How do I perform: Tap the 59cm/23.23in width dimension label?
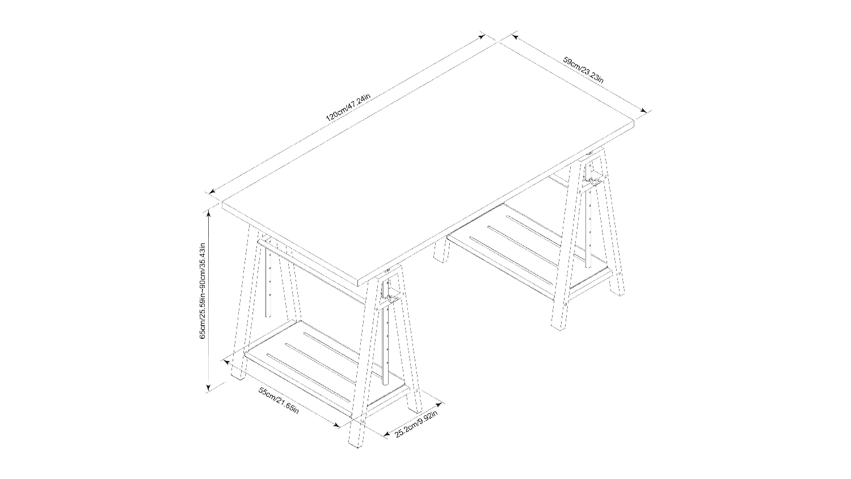[583, 70]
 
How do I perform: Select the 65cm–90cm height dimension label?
[203, 291]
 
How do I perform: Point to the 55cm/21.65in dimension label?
[279, 401]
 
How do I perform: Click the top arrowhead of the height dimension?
[208, 215]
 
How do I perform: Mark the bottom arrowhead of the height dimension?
[208, 388]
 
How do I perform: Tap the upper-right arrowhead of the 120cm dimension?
[482, 37]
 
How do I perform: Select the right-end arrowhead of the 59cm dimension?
[643, 111]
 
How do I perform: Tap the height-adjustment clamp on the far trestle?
[591, 179]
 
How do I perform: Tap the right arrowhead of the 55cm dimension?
[336, 425]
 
